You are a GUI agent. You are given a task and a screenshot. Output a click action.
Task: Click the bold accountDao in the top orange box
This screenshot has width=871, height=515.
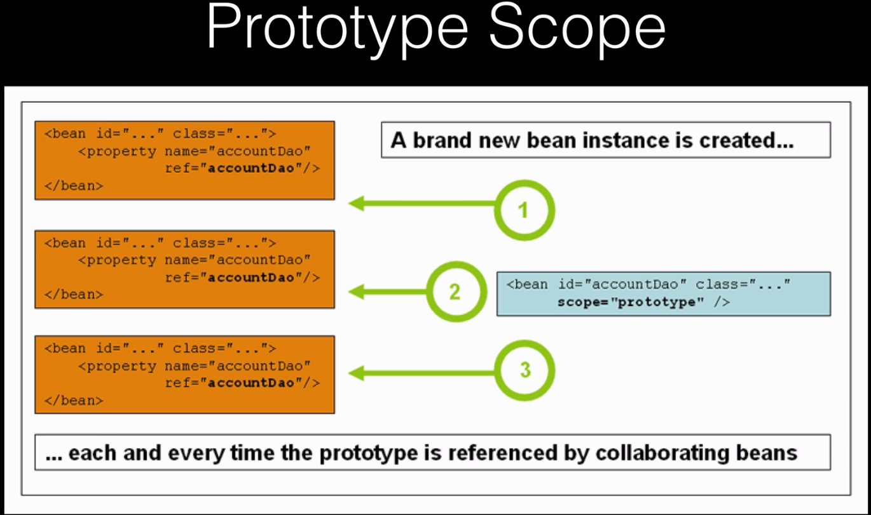251,168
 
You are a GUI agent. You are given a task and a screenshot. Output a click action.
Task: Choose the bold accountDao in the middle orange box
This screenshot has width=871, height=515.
251,278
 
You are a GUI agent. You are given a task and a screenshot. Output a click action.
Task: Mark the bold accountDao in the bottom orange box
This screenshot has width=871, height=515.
251,383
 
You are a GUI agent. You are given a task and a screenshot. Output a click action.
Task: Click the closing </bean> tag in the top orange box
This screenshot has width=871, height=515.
74,186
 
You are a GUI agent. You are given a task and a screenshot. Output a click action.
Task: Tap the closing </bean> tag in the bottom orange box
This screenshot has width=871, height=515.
74,401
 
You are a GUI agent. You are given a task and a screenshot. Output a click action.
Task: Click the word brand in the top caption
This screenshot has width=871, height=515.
443,140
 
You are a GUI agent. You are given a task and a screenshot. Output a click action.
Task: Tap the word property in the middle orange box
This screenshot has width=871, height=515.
121,260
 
